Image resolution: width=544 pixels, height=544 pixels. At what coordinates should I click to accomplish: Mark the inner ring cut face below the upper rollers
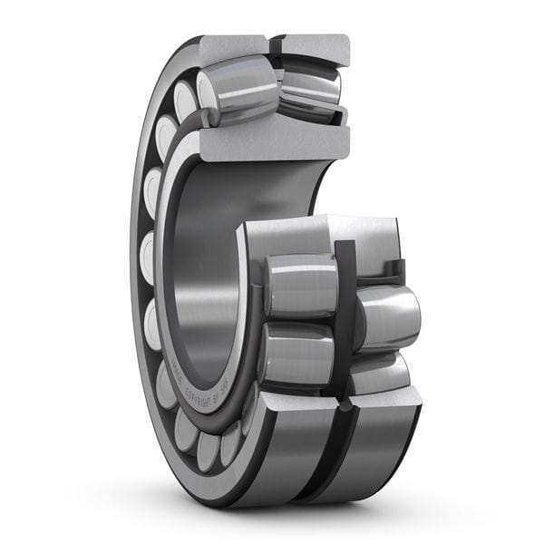[x=272, y=143]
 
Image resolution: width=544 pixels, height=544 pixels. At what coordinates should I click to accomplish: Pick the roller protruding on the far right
[x=390, y=317]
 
